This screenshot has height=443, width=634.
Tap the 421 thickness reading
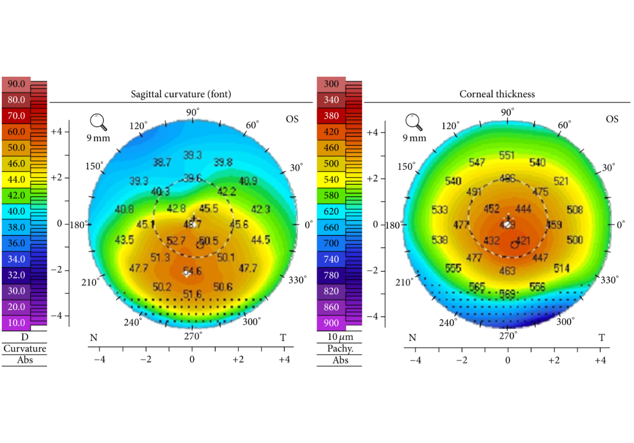[522, 240]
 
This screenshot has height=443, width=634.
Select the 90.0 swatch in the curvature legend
[16, 84]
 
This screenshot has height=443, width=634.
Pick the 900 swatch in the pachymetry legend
[332, 322]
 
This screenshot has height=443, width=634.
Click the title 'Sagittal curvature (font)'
[181, 94]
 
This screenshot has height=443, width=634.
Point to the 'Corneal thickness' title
[497, 94]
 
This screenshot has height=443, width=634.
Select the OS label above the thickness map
[612, 119]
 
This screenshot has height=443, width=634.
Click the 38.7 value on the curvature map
[162, 162]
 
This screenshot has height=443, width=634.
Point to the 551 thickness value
[507, 155]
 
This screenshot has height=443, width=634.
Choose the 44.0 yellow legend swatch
[16, 179]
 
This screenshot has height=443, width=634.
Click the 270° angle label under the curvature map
[193, 336]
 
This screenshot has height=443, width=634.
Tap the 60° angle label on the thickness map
[564, 125]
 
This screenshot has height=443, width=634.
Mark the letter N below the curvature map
[93, 338]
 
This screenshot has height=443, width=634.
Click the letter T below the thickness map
[601, 338]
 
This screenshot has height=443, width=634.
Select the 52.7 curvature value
[176, 241]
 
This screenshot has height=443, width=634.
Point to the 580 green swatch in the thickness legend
[332, 195]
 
